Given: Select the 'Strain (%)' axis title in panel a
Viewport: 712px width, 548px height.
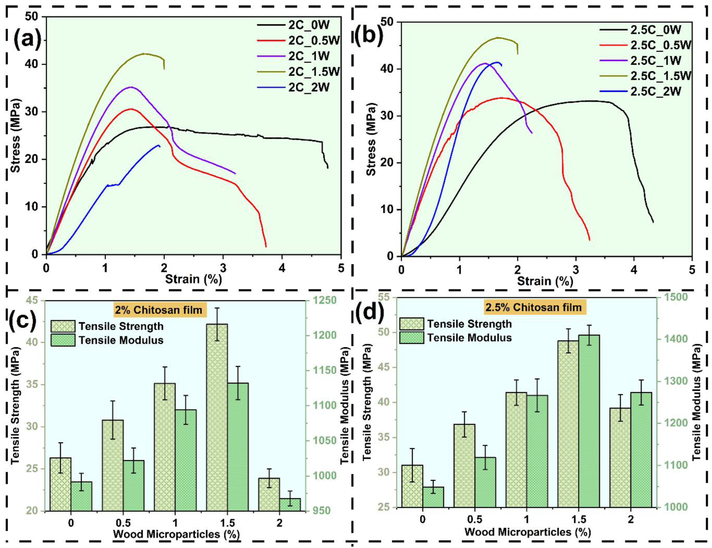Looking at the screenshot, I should coord(193,279).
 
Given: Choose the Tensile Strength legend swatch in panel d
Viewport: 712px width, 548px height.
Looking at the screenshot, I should coord(411,324).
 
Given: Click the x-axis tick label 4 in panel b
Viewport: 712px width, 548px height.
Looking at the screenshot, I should coord(634,270).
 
